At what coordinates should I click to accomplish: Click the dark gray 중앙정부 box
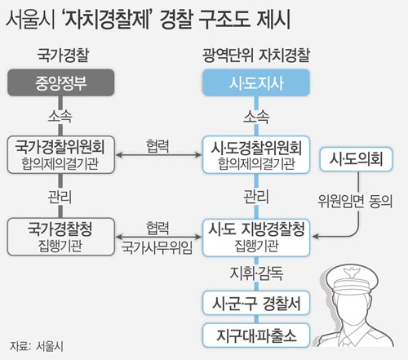click(60, 82)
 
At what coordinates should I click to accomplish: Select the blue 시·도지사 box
click(256, 82)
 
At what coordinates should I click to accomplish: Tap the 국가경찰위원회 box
click(60, 154)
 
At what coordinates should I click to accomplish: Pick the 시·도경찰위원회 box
click(256, 154)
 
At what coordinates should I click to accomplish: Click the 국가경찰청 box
click(60, 237)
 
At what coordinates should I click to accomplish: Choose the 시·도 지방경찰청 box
click(256, 238)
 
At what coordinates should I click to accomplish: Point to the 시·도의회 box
click(356, 159)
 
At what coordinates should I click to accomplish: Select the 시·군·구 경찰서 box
click(256, 303)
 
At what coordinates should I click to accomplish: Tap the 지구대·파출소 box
click(256, 336)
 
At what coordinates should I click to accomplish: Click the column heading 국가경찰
click(63, 56)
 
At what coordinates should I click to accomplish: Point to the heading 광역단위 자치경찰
click(256, 56)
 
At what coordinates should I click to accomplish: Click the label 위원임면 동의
click(355, 202)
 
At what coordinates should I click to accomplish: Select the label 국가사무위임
click(157, 247)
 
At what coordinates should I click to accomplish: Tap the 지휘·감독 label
click(256, 273)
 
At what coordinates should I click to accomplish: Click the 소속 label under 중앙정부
click(60, 117)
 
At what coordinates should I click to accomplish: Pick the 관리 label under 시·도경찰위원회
click(256, 197)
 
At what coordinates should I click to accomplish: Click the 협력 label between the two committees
click(157, 146)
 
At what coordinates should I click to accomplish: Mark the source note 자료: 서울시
click(37, 346)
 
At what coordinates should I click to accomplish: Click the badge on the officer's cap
click(351, 272)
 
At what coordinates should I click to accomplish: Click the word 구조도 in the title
click(224, 19)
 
